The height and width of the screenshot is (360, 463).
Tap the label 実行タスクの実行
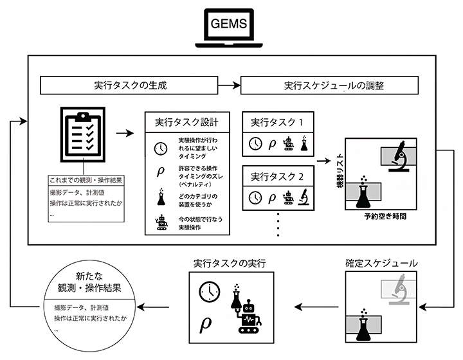click(x=230, y=263)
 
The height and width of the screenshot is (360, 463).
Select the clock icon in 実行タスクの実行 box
click(x=207, y=291)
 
